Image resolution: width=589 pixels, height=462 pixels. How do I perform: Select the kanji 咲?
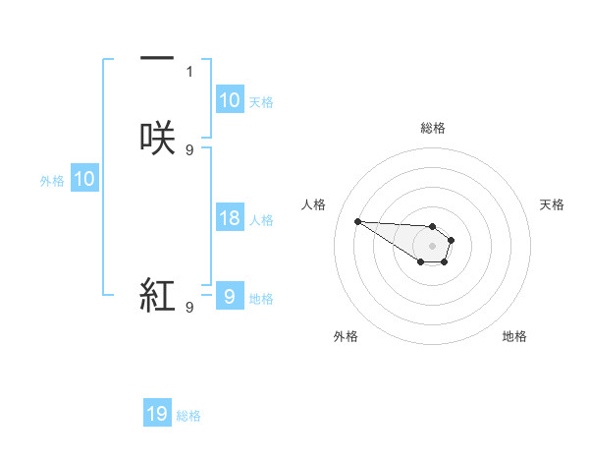point(157,137)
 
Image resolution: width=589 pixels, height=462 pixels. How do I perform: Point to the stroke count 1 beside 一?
point(189,71)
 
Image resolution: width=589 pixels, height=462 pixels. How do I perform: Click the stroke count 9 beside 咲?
point(189,149)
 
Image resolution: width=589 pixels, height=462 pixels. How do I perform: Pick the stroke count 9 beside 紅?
point(189,308)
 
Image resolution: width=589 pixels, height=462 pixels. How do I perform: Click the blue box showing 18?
point(229,218)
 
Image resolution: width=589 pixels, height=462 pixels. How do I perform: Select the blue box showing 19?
point(157,415)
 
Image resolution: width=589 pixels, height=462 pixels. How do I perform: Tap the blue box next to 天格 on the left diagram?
point(229,100)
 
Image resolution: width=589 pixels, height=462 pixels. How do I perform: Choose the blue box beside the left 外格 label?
point(84,179)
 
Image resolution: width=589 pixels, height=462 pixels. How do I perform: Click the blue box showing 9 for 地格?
point(229,297)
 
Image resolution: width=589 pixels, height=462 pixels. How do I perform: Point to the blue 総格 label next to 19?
point(188,417)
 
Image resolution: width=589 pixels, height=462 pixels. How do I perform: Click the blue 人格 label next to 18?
point(262,220)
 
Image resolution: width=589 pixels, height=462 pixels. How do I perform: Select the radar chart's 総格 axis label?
point(432,128)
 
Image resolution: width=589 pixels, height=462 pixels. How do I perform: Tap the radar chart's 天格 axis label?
point(552,204)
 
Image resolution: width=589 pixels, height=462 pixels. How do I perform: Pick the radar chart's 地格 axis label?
point(514,336)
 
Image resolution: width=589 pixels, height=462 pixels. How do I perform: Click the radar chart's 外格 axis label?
point(346,336)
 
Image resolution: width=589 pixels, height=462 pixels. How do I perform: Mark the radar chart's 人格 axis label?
point(313,204)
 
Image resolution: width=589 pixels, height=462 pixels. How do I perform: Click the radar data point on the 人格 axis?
point(357,221)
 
